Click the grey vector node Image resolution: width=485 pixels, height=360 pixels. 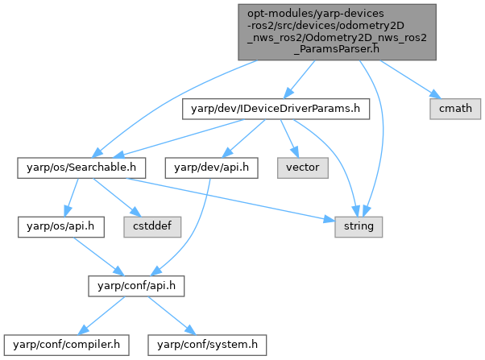(x=301, y=168)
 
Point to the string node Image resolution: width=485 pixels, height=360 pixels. (x=359, y=227)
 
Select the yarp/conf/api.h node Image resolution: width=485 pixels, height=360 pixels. (x=136, y=286)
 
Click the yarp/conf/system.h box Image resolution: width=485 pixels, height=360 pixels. (x=206, y=346)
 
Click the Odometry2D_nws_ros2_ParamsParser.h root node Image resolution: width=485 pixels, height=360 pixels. (x=337, y=31)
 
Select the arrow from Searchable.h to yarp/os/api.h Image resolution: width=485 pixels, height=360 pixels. (x=70, y=198)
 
